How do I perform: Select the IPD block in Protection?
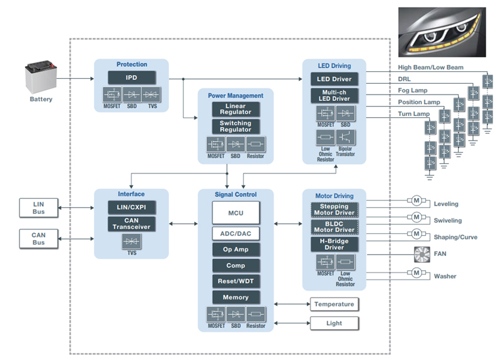(131, 78)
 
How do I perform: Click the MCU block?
(236, 214)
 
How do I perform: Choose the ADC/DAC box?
(236, 234)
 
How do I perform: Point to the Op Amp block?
(236, 250)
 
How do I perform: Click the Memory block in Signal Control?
(236, 297)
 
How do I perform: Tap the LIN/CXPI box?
(131, 207)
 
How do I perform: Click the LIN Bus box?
(39, 207)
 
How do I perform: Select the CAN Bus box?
(39, 239)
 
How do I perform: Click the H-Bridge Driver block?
(335, 244)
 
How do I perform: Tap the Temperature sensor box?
(334, 305)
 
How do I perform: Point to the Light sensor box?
(334, 323)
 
